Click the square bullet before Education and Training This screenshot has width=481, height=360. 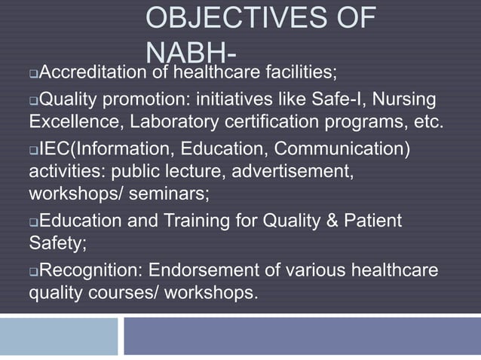(x=33, y=221)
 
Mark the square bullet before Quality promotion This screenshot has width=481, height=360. (x=33, y=99)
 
